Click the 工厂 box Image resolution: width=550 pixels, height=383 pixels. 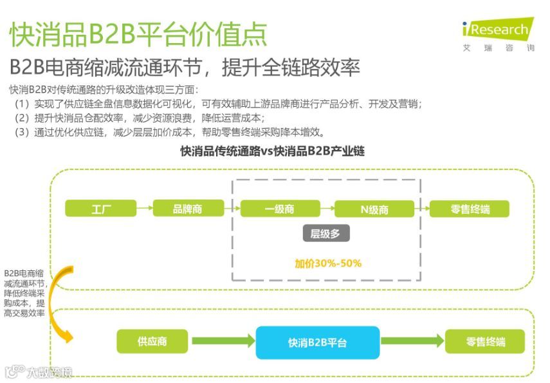(101, 209)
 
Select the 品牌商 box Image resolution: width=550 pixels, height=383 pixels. (188, 209)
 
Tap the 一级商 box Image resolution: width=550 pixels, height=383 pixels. (280, 209)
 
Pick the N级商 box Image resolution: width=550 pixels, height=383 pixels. (374, 209)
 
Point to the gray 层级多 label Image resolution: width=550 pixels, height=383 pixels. (325, 234)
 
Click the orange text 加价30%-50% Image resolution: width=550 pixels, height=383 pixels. (328, 263)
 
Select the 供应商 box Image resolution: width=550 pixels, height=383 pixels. (152, 341)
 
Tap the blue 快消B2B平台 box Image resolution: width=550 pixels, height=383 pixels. (317, 342)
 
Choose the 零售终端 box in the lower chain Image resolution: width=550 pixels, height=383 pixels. (484, 341)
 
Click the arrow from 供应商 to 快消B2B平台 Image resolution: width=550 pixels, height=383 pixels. (222, 342)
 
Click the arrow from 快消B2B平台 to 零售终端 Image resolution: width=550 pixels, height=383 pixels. (412, 342)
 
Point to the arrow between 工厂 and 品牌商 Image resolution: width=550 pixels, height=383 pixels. (145, 209)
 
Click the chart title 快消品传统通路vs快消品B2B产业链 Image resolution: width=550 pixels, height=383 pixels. (273, 152)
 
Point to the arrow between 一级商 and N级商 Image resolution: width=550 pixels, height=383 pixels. (327, 209)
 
